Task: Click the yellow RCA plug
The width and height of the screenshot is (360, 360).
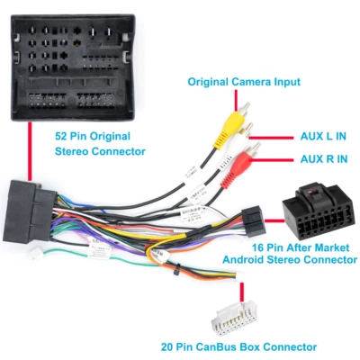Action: [x=234, y=118]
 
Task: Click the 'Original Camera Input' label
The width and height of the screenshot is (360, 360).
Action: [x=244, y=82]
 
